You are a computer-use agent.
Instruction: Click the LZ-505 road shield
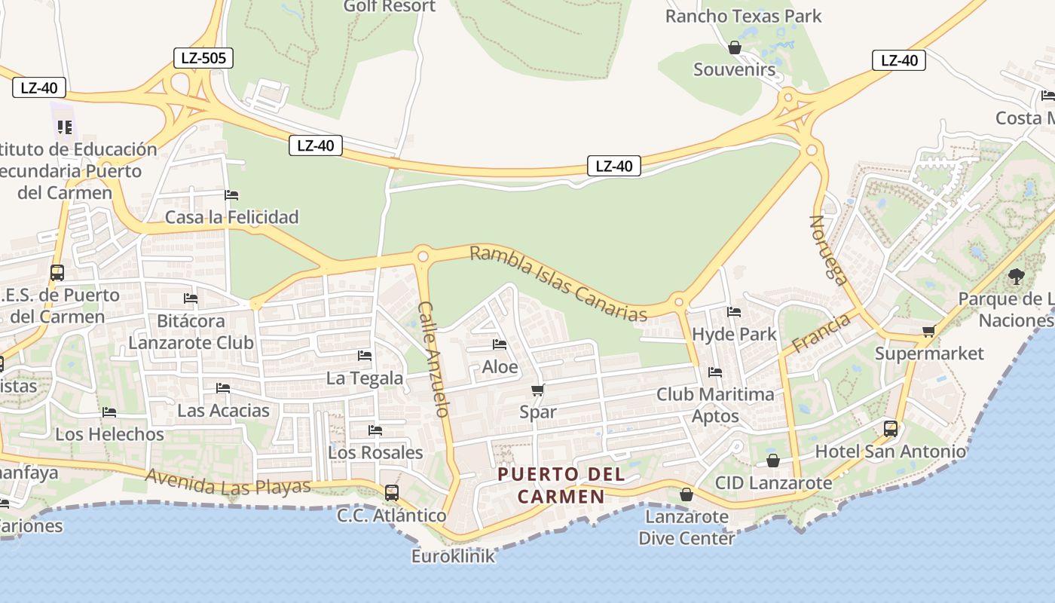tap(203, 58)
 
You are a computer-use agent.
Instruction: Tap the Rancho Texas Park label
tap(743, 16)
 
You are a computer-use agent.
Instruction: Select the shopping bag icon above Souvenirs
tap(735, 48)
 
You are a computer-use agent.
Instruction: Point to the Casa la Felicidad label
tap(232, 217)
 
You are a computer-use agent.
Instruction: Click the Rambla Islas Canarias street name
tap(558, 283)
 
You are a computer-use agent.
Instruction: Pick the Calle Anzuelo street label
tap(434, 359)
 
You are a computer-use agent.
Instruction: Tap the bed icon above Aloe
tap(500, 345)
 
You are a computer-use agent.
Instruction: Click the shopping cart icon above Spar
tap(538, 390)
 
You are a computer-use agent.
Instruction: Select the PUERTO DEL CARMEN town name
tap(561, 485)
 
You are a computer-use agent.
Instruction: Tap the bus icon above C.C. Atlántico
tap(392, 493)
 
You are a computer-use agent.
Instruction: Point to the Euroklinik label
tap(453, 556)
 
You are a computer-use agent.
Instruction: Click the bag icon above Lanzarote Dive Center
tap(687, 494)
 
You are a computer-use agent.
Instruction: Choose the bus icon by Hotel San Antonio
tap(891, 429)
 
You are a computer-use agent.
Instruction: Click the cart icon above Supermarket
tap(929, 331)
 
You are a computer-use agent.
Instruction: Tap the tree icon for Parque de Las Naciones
tap(1017, 277)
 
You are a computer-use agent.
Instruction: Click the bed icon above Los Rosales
tap(375, 430)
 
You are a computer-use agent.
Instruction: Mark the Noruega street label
tap(829, 250)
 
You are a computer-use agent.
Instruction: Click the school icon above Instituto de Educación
tap(65, 127)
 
